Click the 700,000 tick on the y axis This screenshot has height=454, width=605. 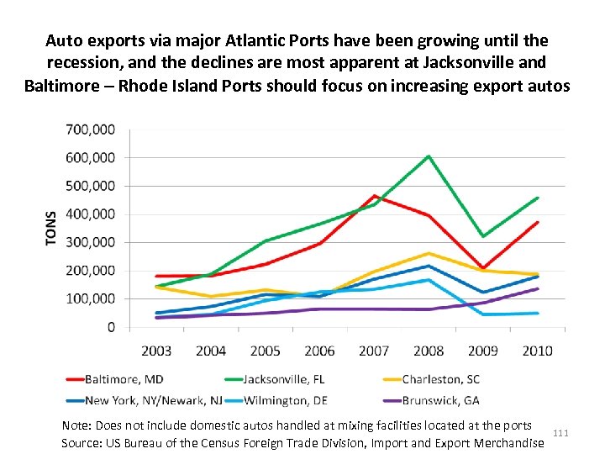point(92,129)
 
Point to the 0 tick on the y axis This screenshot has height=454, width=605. point(111,327)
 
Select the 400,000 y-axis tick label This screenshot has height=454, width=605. point(92,214)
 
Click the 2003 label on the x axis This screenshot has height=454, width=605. point(156,350)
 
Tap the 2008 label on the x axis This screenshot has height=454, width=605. point(428,350)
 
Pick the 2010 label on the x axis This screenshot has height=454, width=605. point(536,350)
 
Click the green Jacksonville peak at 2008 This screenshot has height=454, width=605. point(428,156)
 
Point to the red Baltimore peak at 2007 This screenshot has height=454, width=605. point(374,196)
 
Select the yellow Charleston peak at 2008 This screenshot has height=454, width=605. point(428,253)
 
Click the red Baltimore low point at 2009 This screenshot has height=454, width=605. point(482,268)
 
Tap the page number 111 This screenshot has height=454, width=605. point(561,433)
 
